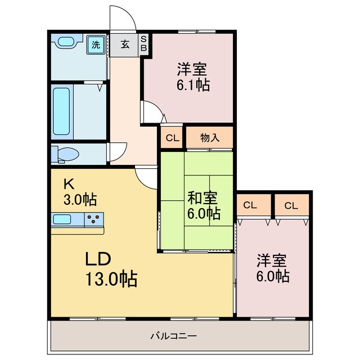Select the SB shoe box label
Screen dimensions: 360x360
pyautogui.click(x=143, y=44)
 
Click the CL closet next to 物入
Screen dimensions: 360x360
pyautogui.click(x=172, y=137)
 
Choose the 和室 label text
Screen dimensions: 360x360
pyautogui.click(x=202, y=198)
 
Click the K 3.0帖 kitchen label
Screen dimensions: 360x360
pyautogui.click(x=79, y=192)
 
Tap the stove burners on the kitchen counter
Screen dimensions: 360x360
pyautogui.click(x=93, y=219)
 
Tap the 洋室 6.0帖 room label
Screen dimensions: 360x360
pyautogui.click(x=273, y=268)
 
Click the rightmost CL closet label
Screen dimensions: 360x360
pyautogui.click(x=291, y=206)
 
